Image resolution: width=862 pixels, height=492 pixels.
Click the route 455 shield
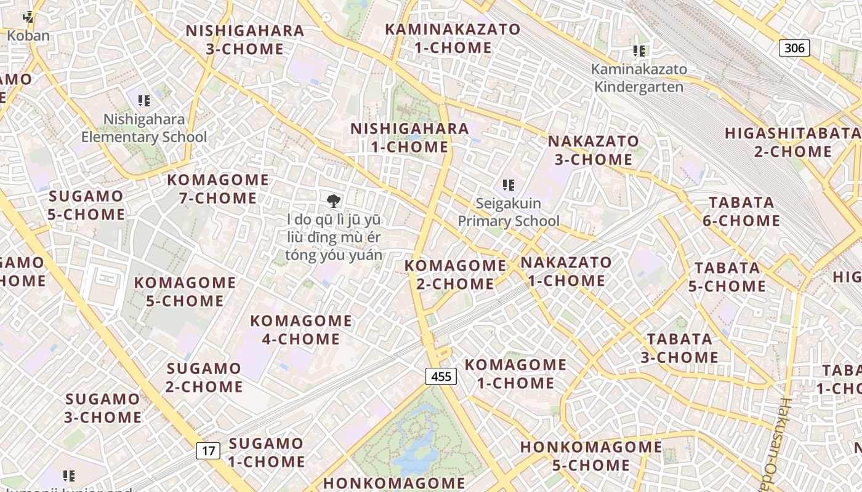click(441, 376)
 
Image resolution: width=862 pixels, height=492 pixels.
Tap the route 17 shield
click(209, 451)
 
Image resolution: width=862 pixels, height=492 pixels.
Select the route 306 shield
click(794, 48)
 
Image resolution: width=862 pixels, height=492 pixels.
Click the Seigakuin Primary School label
click(509, 212)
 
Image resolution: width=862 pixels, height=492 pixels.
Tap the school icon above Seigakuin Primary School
click(508, 184)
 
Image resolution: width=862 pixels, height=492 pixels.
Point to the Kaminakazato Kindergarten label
click(638, 77)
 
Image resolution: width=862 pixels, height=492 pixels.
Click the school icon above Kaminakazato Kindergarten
click(639, 50)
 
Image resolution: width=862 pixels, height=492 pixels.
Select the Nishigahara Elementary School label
click(144, 128)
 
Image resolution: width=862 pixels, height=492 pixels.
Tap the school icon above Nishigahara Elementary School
click(144, 100)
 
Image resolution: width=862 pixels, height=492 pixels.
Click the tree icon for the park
click(333, 200)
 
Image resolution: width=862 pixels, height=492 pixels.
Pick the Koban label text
click(28, 36)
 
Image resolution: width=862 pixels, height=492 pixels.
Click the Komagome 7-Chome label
click(218, 189)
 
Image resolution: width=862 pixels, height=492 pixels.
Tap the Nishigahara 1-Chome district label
click(409, 138)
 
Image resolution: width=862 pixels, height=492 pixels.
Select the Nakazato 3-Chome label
click(594, 150)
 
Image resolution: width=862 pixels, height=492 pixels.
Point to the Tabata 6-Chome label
click(741, 212)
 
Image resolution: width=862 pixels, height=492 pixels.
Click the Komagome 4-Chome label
click(301, 330)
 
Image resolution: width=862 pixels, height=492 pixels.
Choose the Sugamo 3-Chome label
click(103, 408)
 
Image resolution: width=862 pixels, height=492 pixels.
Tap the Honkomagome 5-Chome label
click(591, 456)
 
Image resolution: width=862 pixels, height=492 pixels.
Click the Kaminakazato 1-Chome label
click(453, 38)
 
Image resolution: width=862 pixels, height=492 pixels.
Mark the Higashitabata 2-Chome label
click(793, 142)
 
